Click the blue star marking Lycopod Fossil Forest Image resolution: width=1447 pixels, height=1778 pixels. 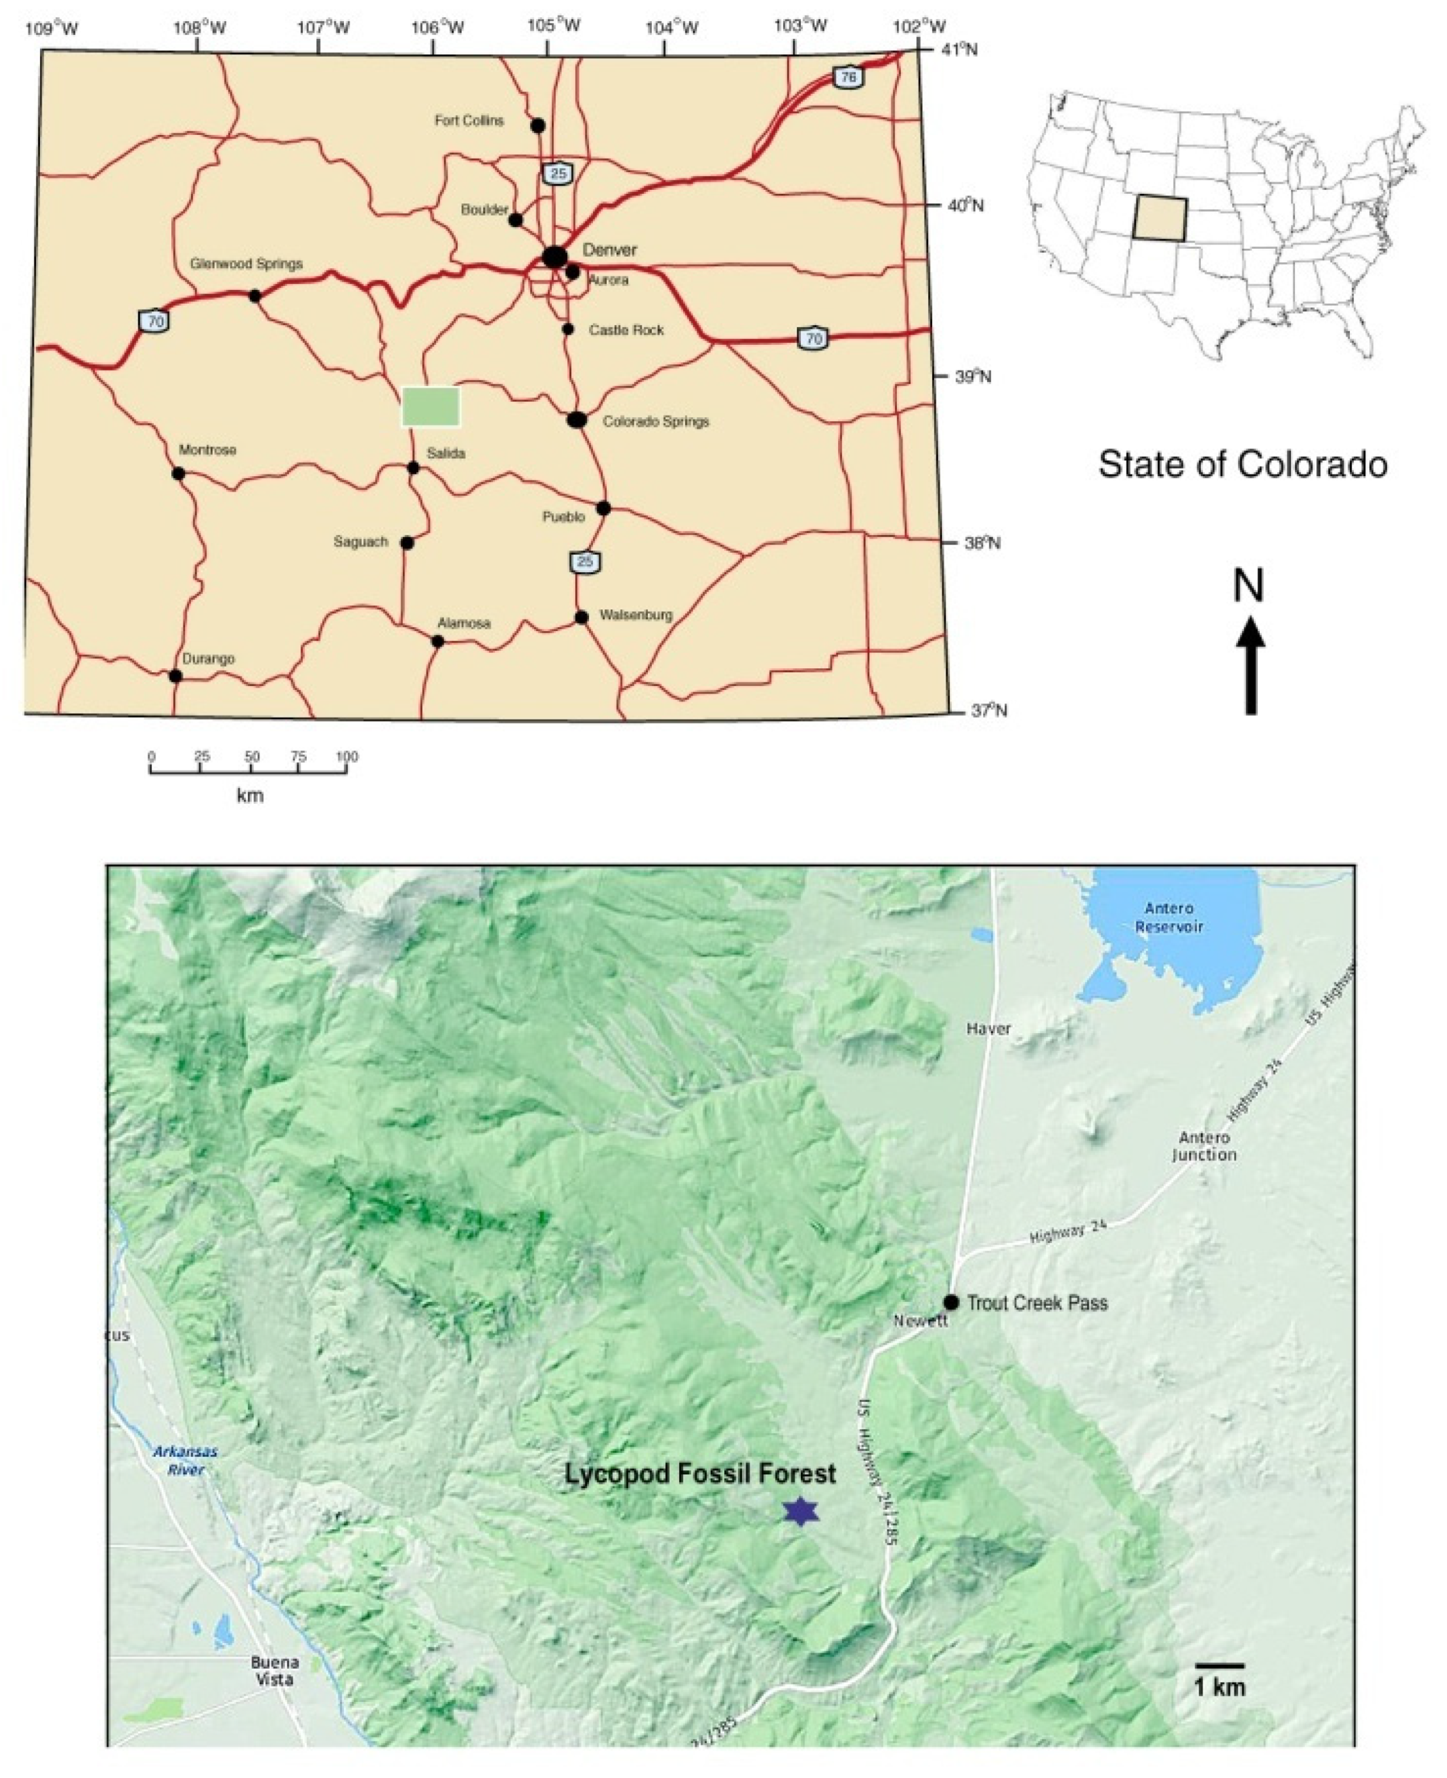click(800, 1511)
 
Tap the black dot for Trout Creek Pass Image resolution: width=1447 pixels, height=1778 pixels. click(951, 1302)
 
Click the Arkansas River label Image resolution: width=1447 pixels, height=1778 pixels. click(185, 1459)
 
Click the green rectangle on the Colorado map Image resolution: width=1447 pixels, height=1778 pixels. click(430, 406)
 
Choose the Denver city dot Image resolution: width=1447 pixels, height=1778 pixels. click(554, 256)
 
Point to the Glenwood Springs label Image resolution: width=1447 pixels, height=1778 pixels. click(246, 263)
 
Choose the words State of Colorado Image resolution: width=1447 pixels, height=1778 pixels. click(1242, 464)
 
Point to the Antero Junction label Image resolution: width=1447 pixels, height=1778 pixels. click(1204, 1146)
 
